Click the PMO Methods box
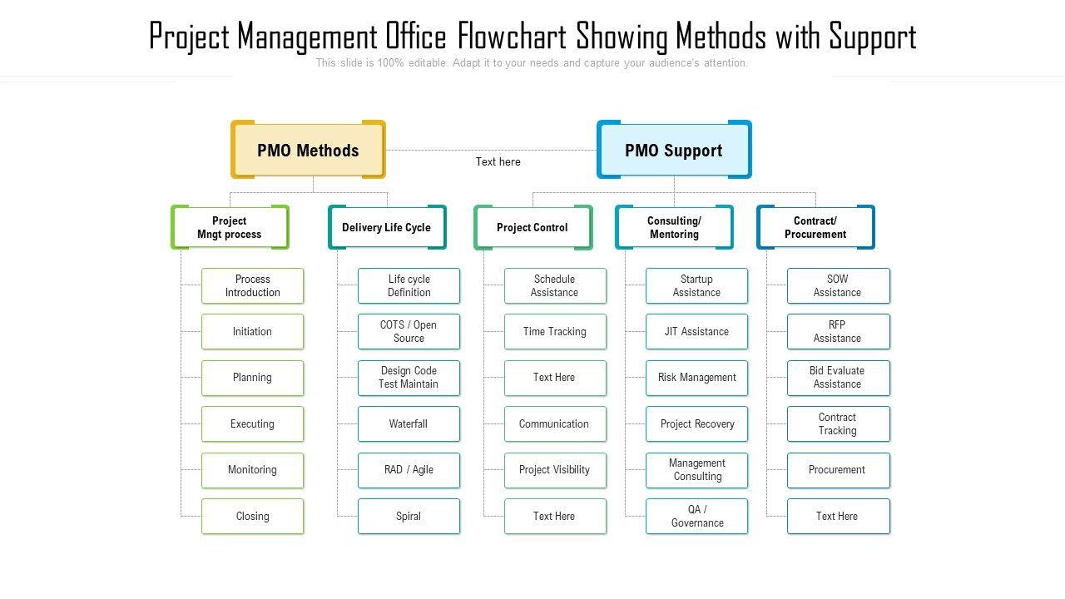[308, 150]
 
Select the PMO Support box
[674, 150]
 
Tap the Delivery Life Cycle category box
[387, 227]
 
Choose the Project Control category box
[532, 227]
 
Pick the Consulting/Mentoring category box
[674, 227]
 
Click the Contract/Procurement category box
[815, 227]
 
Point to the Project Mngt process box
[230, 227]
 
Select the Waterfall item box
[409, 423]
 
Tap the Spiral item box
[409, 516]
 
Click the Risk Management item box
[697, 378]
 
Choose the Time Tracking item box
[555, 331]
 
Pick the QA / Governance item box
[697, 516]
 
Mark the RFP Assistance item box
[838, 331]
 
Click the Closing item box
[252, 516]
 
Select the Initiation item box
[252, 331]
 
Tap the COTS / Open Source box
[409, 331]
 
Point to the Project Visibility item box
[555, 470]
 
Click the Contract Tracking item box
[838, 423]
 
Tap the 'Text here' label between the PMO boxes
[498, 161]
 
